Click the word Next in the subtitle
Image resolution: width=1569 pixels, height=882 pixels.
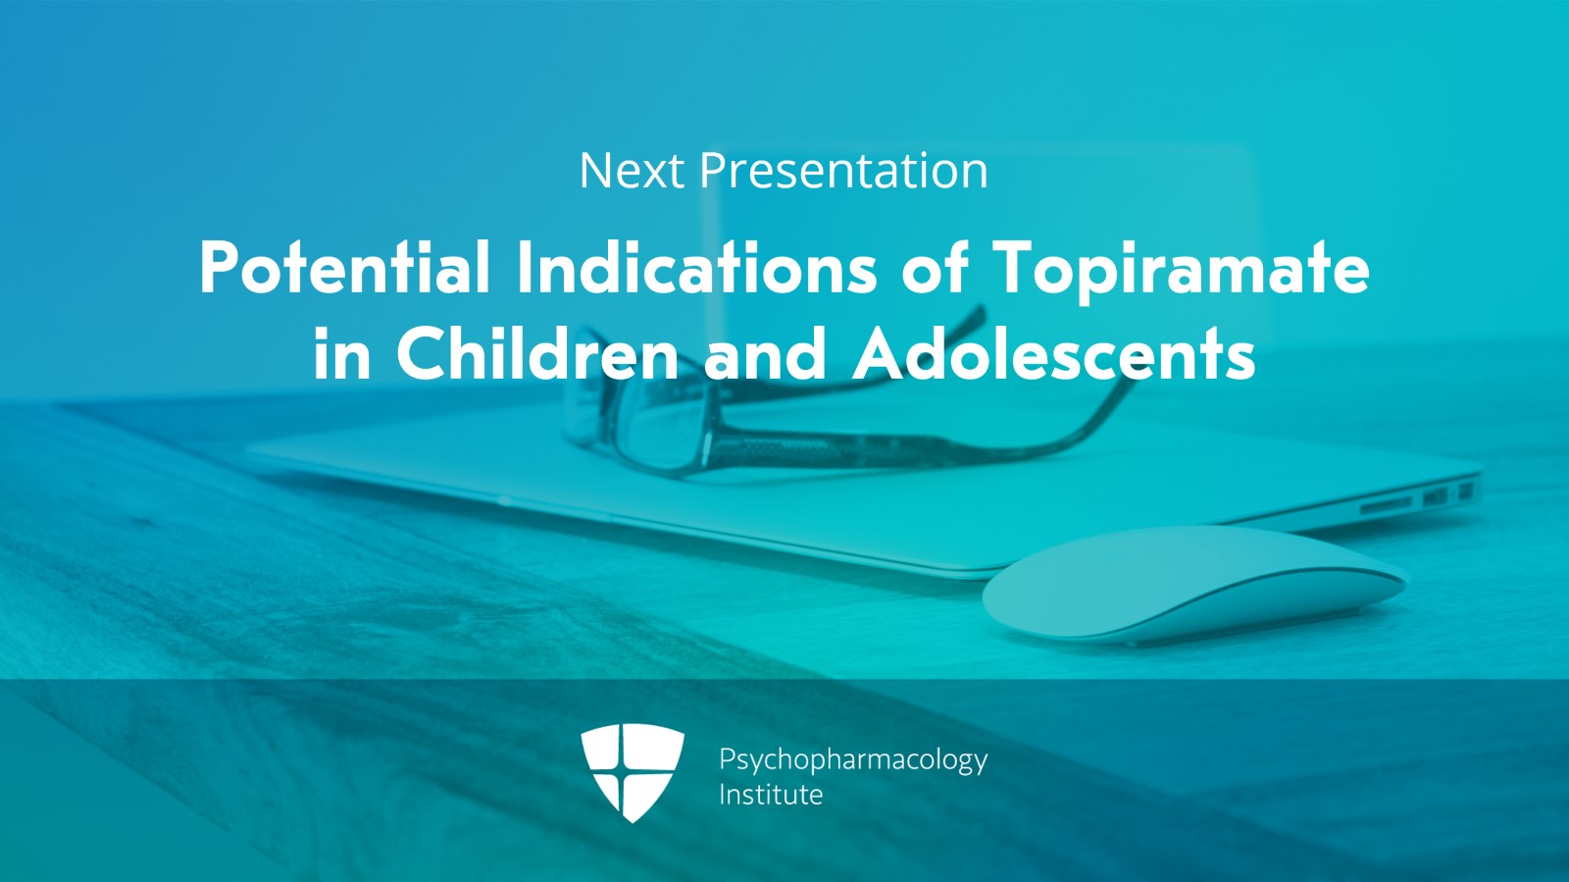pos(632,171)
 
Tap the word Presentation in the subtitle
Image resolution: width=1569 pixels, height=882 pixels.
pos(844,171)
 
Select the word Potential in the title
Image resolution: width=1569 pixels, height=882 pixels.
pos(344,267)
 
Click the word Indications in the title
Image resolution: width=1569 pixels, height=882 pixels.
pos(697,267)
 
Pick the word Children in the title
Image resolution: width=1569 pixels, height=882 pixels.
pos(538,354)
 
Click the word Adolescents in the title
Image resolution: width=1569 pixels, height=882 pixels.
pos(1053,354)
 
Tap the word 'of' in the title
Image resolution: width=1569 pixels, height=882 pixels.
pos(936,267)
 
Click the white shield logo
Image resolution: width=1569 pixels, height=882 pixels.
pos(633,770)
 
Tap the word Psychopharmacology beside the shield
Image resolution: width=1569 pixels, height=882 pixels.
pos(853,760)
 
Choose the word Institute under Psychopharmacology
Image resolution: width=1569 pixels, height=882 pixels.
pos(771,795)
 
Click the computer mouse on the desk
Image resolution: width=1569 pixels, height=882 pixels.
pos(1194,585)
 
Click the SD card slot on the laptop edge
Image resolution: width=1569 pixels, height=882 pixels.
pos(1387,503)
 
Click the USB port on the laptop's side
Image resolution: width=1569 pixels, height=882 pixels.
pos(1436,496)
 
